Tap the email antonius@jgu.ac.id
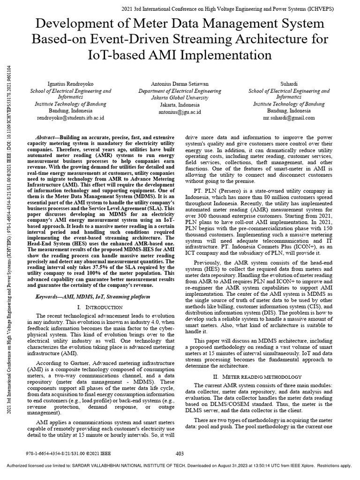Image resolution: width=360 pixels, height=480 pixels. tap(180, 112)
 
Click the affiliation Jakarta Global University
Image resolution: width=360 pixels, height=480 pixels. tap(180, 98)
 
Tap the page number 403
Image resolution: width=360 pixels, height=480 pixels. tap(180, 453)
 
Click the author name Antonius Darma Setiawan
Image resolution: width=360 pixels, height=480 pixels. tap(180, 83)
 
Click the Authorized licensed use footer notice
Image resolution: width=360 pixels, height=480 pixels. tap(180, 466)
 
